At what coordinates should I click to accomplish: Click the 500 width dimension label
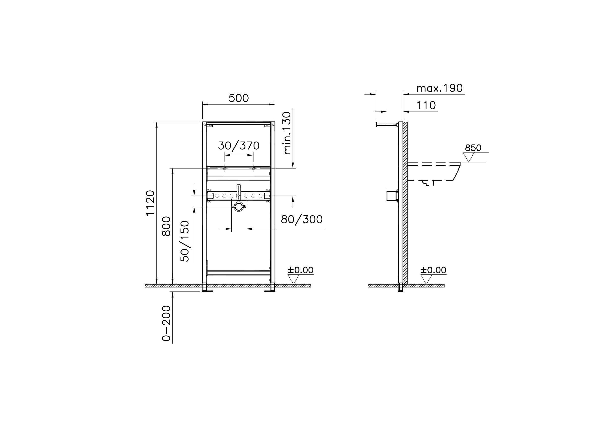[239, 98]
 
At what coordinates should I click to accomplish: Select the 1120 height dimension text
[150, 203]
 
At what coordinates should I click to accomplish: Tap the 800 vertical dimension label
[166, 226]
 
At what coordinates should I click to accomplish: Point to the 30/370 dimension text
[239, 146]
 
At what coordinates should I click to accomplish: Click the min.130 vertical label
[287, 133]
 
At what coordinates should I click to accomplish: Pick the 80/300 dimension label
[302, 219]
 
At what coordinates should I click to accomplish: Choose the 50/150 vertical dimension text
[185, 241]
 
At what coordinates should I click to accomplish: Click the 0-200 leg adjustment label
[166, 323]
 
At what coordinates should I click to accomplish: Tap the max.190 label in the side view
[439, 88]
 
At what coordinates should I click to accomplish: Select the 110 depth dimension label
[426, 106]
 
